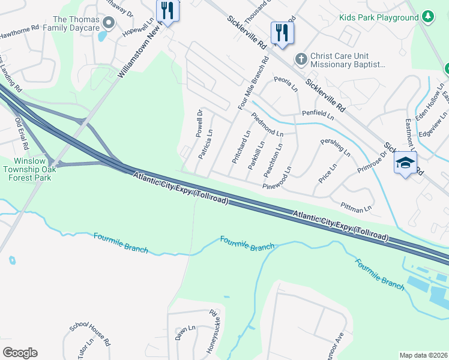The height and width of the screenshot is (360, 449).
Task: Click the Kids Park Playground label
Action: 378,17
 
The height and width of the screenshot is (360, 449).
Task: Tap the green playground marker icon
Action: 428,16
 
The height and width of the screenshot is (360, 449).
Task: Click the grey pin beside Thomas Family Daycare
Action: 109,23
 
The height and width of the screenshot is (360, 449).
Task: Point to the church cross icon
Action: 301,59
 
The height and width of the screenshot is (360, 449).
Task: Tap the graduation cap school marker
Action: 405,163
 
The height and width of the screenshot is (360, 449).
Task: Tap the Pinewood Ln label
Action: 280,185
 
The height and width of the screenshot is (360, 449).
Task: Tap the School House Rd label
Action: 89,334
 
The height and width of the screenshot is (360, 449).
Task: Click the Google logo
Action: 20,353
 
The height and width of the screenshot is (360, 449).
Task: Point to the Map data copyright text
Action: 423,355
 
